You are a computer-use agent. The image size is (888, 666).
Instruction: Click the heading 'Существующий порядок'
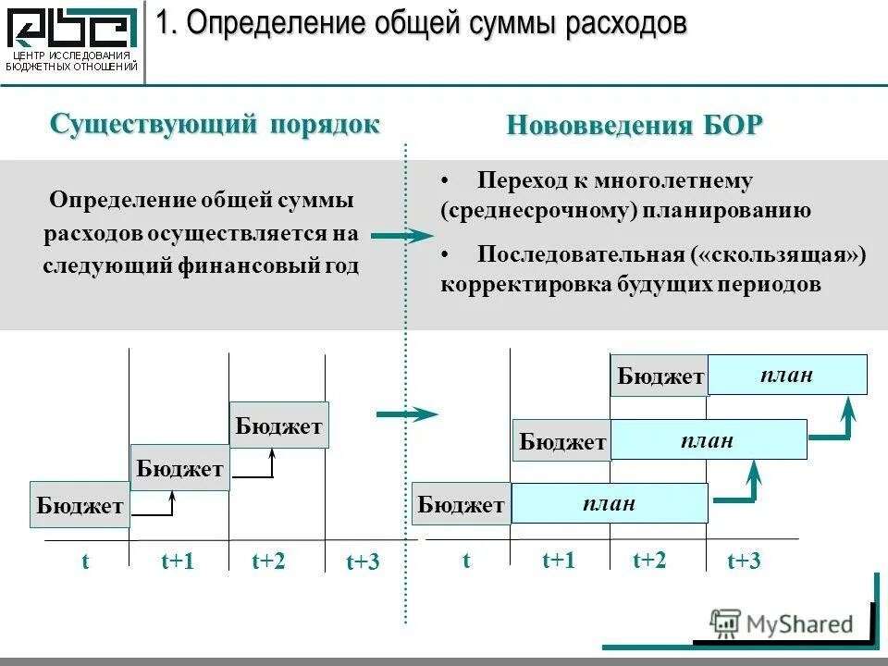(215, 124)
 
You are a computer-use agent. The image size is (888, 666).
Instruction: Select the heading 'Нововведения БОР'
(635, 126)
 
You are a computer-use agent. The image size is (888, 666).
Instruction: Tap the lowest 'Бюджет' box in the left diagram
(80, 505)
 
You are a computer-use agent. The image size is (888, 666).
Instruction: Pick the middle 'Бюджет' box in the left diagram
(179, 467)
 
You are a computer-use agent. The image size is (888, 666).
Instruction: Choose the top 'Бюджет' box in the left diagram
(278, 425)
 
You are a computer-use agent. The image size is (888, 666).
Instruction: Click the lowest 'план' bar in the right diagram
(610, 503)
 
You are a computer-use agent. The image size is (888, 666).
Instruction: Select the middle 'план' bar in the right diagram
(709, 440)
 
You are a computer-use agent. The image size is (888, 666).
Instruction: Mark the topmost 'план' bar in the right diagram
(787, 375)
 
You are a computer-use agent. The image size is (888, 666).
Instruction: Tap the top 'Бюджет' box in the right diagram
(660, 376)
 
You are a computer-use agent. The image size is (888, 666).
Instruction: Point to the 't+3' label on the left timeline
(363, 561)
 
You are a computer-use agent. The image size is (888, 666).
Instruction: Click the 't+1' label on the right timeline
(559, 560)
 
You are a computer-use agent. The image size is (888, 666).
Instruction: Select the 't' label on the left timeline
(85, 561)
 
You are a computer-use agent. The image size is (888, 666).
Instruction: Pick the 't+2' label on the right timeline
(649, 560)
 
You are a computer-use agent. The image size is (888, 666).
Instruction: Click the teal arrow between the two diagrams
(407, 414)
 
